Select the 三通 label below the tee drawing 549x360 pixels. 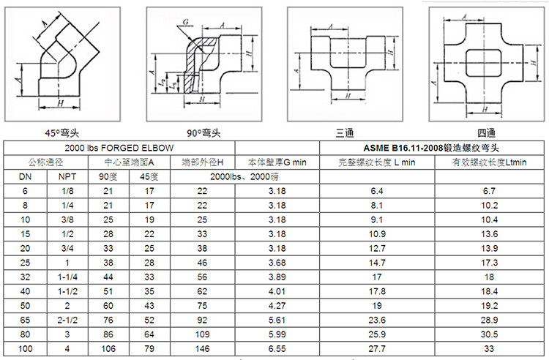(345, 133)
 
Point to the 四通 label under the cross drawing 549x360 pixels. (486, 133)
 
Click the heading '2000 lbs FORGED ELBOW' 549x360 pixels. (119, 148)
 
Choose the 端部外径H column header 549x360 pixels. (202, 162)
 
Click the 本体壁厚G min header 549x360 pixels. (277, 162)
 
